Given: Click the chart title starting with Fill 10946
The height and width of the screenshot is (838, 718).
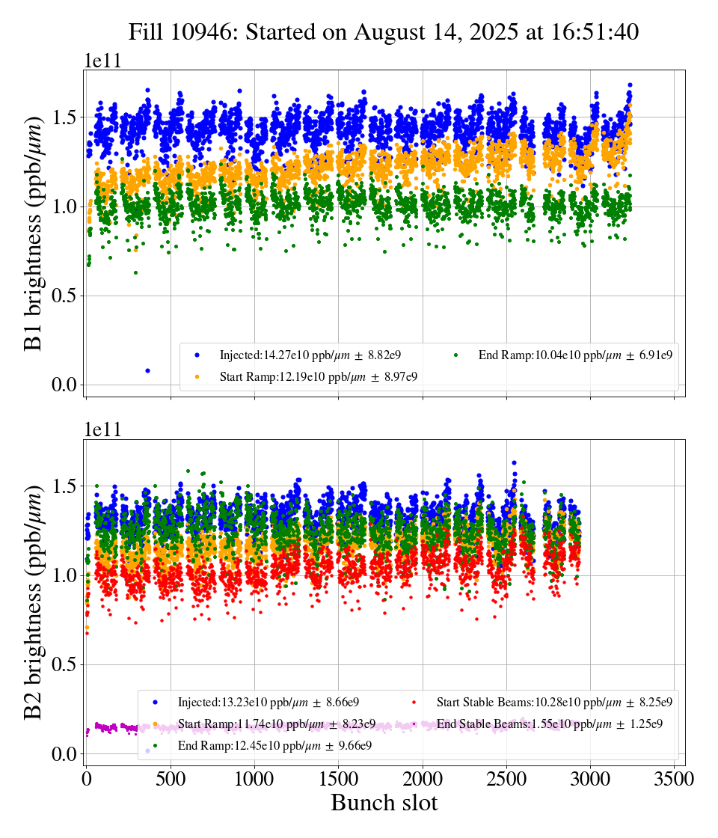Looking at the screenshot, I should [x=383, y=32].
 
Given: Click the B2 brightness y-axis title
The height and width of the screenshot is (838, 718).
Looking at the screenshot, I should [x=34, y=602].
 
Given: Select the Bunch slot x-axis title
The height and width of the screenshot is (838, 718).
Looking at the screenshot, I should [x=384, y=803].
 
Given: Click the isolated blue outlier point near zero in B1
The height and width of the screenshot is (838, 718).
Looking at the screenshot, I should [x=147, y=370].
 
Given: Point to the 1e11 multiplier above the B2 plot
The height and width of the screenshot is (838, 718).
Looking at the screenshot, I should [x=102, y=430].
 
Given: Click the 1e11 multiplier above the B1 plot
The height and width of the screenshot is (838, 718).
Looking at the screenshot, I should [x=102, y=61].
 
